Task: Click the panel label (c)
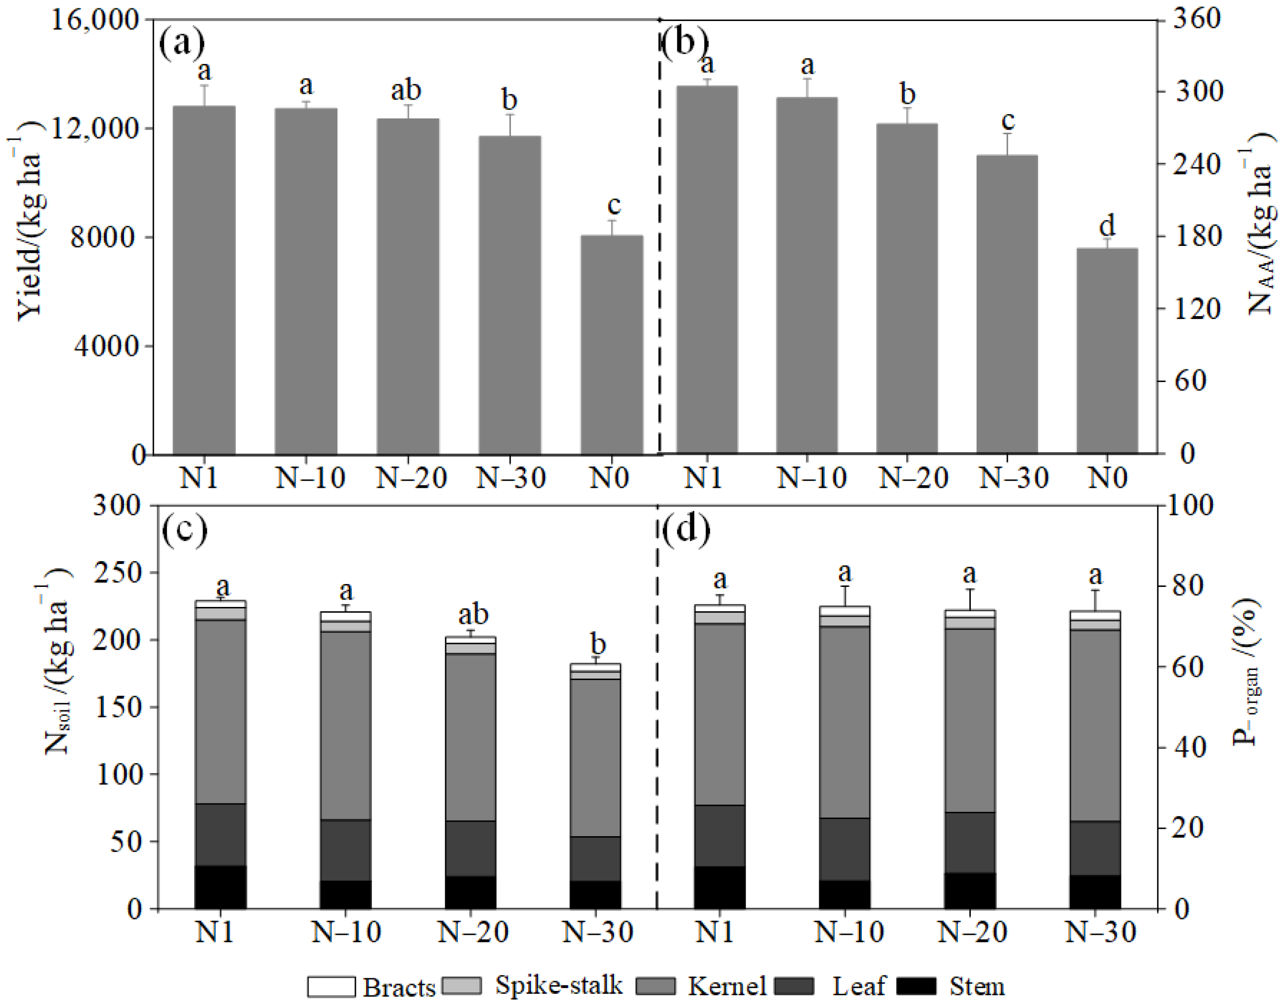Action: point(184,529)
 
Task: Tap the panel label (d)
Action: point(685,529)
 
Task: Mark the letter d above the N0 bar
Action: point(1107,226)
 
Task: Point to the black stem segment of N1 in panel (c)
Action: point(220,887)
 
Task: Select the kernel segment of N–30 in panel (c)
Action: point(595,758)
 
